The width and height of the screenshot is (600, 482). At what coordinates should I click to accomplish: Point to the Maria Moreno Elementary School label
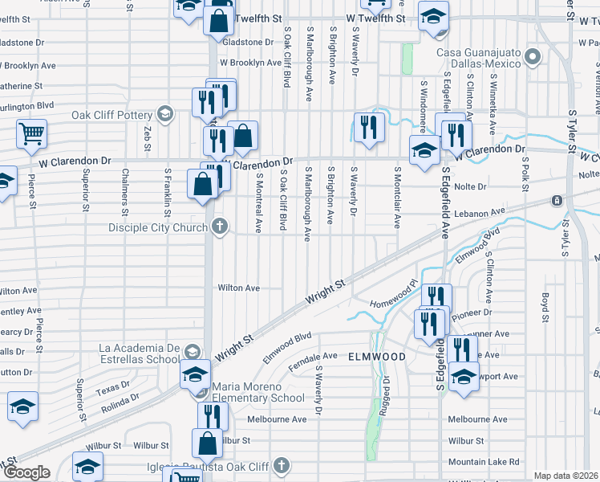tap(258, 392)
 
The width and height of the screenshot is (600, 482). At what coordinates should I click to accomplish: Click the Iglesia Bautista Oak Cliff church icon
tap(281, 464)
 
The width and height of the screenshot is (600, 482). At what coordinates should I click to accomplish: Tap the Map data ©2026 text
tap(566, 476)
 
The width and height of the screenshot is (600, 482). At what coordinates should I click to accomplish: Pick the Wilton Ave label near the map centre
tap(239, 288)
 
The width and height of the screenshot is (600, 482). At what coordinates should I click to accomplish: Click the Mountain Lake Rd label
tap(484, 462)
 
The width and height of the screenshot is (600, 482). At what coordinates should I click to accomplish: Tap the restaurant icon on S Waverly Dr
tap(369, 129)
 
